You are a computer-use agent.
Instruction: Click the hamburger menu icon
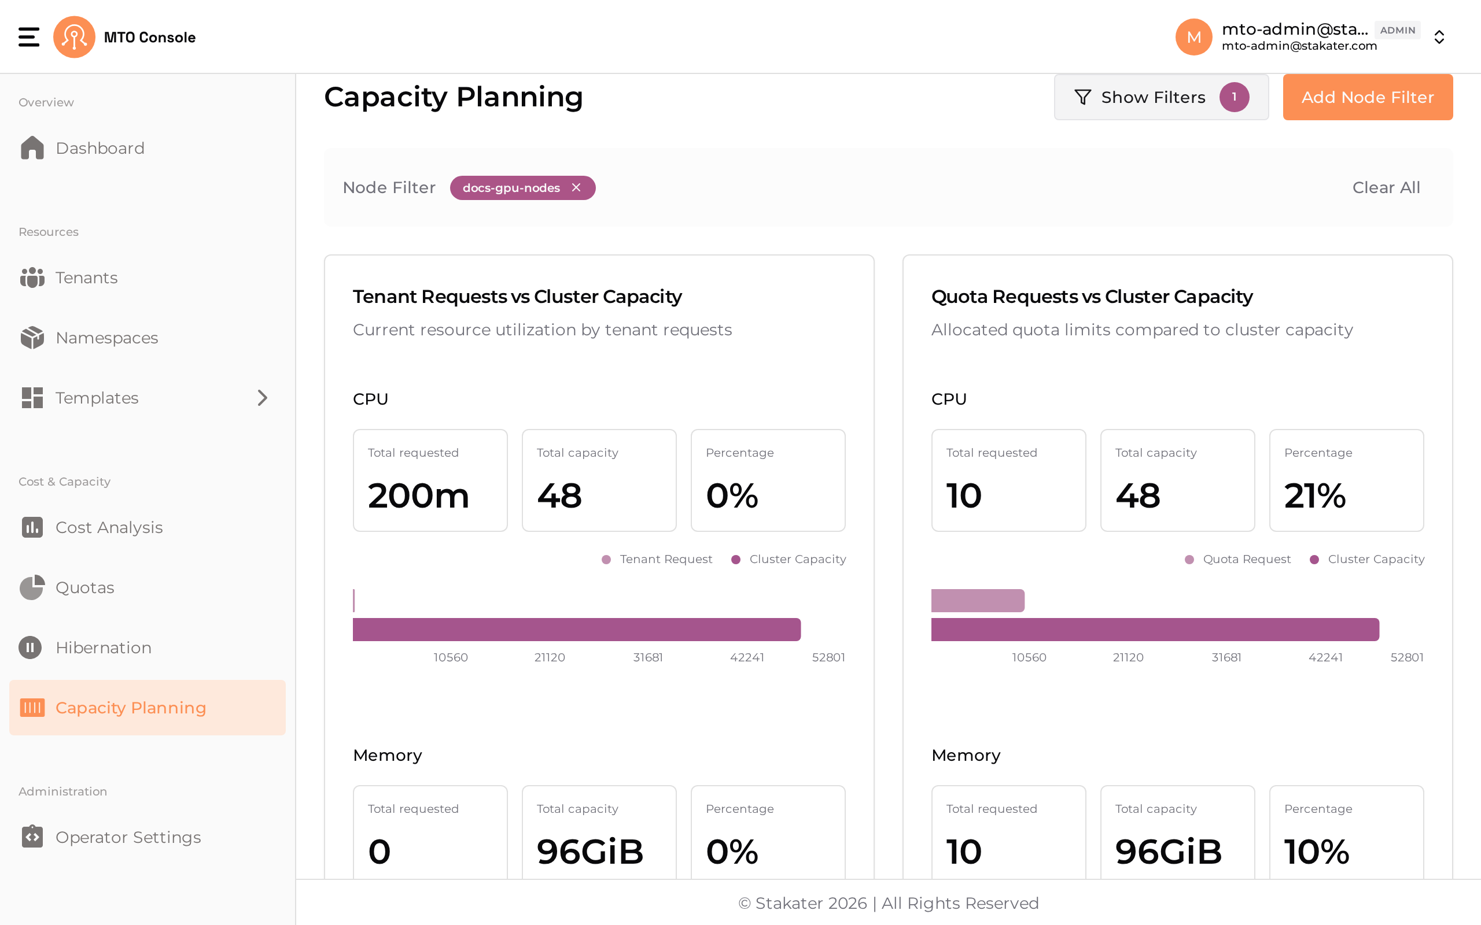[x=29, y=36]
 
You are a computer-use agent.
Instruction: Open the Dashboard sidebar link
[x=83, y=148]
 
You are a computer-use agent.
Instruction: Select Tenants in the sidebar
[x=68, y=277]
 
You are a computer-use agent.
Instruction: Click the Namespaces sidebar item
[x=89, y=338]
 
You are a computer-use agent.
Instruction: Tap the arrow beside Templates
[x=263, y=398]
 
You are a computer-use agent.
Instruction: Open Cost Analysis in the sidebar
[x=91, y=527]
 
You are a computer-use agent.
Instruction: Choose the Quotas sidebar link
[x=67, y=587]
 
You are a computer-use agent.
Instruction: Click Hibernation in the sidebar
[x=85, y=647]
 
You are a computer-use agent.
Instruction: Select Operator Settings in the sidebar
[x=110, y=837]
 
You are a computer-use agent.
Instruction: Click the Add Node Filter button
[x=1367, y=97]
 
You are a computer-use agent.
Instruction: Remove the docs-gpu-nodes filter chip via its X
[x=576, y=187]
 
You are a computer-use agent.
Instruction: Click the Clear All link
[x=1386, y=187]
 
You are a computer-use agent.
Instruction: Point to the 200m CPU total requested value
[x=419, y=495]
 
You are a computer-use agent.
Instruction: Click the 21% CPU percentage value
[x=1314, y=495]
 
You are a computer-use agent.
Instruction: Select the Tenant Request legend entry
[x=657, y=559]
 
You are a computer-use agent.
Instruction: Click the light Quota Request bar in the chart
[x=977, y=601]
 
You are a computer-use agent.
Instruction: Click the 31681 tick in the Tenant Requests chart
[x=647, y=658]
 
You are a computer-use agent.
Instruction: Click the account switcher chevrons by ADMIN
[x=1439, y=38]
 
